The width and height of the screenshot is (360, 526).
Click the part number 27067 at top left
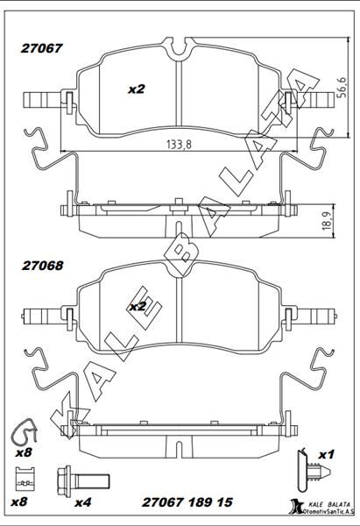(x=41, y=51)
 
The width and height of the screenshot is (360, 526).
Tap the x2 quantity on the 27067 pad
(x=136, y=89)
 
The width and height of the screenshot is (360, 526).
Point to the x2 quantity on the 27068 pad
(x=137, y=307)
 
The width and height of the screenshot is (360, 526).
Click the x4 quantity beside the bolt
(x=84, y=502)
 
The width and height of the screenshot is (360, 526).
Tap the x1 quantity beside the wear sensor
(x=327, y=454)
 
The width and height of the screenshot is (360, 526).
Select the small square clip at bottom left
(x=25, y=480)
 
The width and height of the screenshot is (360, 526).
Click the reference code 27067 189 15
(x=187, y=502)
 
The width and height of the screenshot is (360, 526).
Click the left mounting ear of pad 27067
(x=42, y=99)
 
